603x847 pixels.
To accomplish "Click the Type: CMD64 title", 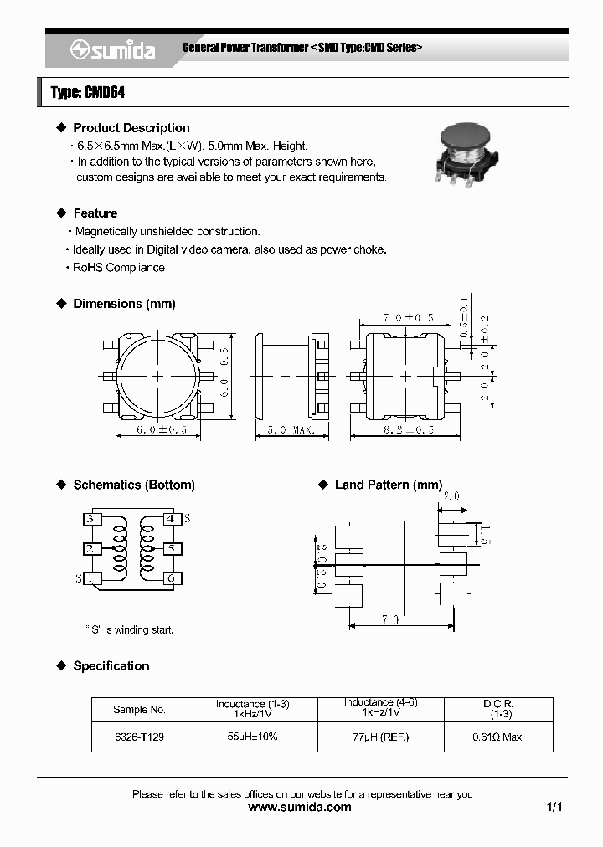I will (x=88, y=93).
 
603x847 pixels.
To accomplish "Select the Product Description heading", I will (x=131, y=128).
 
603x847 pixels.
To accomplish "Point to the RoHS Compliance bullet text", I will (x=119, y=268).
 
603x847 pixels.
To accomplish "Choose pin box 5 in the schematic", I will (x=171, y=549).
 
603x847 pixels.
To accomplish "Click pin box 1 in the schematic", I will (x=90, y=578).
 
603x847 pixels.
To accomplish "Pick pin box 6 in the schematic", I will (x=171, y=578).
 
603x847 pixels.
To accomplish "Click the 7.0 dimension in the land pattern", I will (x=390, y=621).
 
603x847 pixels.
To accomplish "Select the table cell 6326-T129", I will (x=139, y=737).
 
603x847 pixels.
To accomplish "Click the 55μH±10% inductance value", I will (x=252, y=737).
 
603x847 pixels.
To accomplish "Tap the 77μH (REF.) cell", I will (x=379, y=737).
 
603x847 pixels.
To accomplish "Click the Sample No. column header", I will (x=139, y=709).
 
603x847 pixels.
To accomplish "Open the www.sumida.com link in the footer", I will (x=301, y=808).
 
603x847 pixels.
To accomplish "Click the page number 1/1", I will (x=554, y=808).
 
